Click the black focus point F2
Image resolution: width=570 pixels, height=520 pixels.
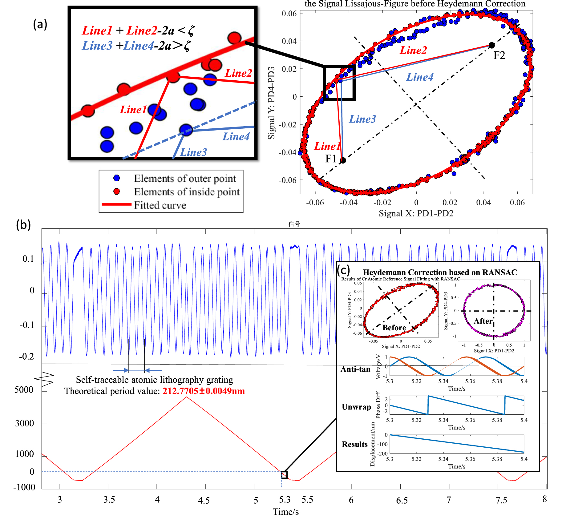pos(491,46)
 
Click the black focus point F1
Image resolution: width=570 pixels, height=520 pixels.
pos(343,160)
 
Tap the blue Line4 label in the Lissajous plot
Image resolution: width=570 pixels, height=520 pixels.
pos(420,77)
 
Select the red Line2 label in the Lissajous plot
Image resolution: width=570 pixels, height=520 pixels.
pos(413,50)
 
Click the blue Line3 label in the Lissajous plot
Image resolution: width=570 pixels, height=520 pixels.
pos(362,119)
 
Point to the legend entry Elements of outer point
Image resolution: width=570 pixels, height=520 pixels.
pos(185,179)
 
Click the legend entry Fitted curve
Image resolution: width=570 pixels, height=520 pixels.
pos(160,205)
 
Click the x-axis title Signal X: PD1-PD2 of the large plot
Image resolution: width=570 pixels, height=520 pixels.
pos(416,213)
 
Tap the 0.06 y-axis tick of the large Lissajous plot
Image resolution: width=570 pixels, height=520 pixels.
pos(289,14)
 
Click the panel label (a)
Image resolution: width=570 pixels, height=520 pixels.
pos(40,24)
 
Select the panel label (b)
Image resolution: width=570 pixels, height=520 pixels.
pos(23,225)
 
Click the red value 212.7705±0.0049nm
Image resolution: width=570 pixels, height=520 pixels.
pos(204,391)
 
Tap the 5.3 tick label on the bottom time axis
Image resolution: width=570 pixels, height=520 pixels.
pos(285,499)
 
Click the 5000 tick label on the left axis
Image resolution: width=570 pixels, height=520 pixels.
pos(24,390)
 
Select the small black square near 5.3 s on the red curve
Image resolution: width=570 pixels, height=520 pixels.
pos(284,475)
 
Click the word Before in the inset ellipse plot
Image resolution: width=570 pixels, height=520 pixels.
pos(394,328)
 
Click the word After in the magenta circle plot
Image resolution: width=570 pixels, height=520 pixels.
pos(483,321)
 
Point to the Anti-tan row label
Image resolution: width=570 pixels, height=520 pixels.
pos(355,369)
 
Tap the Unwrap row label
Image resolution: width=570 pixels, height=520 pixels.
pos(356,407)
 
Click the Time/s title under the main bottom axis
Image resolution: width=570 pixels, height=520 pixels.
pos(285,512)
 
